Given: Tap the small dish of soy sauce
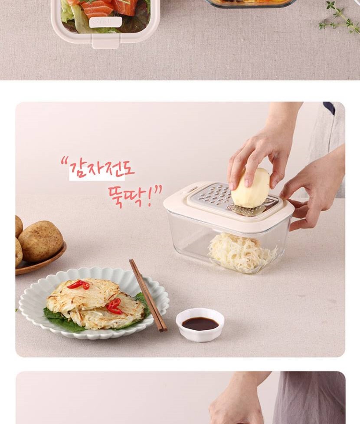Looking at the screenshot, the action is (200, 324).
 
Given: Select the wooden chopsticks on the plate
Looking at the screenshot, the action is (148, 295).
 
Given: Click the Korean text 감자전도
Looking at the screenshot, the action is (102, 170).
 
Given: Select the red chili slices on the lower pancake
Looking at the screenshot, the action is (114, 306).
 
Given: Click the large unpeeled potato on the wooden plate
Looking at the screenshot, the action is (40, 241).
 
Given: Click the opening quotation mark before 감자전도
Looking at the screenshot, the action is (64, 162).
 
